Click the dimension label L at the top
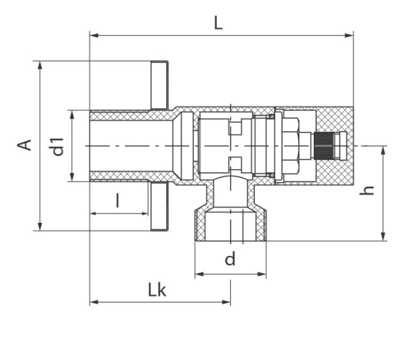[218, 23]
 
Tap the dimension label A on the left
[24, 145]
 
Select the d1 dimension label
[56, 146]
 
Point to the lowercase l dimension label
[118, 200]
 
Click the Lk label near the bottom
[157, 290]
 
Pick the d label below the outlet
[230, 259]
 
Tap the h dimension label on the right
[367, 190]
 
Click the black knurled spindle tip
[324, 146]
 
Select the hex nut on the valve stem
[290, 146]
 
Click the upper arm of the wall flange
[159, 85]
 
